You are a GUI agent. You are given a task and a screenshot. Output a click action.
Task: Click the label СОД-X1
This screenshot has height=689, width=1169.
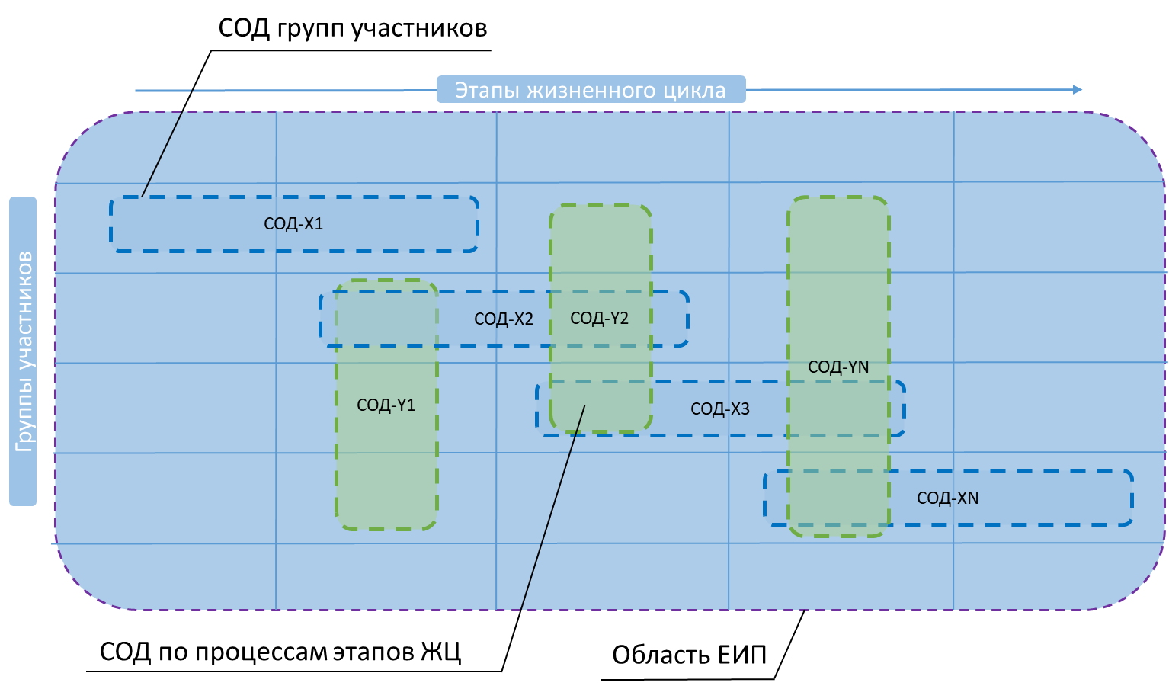point(293,224)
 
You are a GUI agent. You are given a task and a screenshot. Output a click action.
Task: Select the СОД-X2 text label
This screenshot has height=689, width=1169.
point(504,319)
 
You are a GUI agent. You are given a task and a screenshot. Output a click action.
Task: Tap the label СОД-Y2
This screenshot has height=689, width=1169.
point(599,319)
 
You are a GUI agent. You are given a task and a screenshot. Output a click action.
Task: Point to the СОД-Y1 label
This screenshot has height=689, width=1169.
point(386,405)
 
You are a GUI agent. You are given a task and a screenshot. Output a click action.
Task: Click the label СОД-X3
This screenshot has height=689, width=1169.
point(719,409)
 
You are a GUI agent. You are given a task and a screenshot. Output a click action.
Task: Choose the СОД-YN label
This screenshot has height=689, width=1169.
point(838,367)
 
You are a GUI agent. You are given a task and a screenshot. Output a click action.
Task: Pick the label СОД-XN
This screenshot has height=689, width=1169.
point(947,498)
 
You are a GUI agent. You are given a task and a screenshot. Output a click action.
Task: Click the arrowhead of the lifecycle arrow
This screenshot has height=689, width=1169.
point(1078,90)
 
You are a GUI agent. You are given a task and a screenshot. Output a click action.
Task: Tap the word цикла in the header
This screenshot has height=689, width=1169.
point(693,91)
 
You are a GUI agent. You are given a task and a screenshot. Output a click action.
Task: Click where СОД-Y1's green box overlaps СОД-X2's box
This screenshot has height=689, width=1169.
point(386,319)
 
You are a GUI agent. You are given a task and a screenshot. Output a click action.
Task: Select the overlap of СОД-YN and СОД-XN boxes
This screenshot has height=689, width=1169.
point(838,498)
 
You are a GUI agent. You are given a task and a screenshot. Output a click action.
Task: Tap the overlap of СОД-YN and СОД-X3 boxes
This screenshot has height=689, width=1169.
point(838,409)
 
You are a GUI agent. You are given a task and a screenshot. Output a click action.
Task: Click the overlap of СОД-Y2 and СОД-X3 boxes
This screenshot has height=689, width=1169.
point(601,406)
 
